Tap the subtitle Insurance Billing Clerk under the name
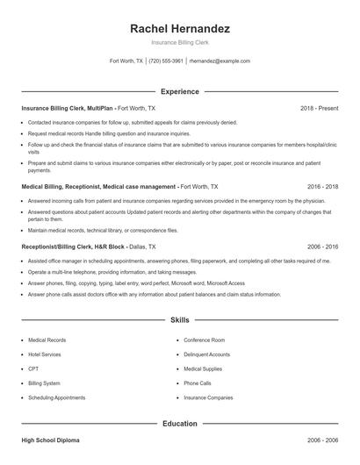point(179,42)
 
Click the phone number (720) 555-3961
point(166,61)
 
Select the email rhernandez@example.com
point(220,61)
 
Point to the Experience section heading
point(179,91)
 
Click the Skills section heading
point(179,321)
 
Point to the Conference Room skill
point(205,340)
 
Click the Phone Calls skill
point(198,383)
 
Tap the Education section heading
point(179,423)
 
